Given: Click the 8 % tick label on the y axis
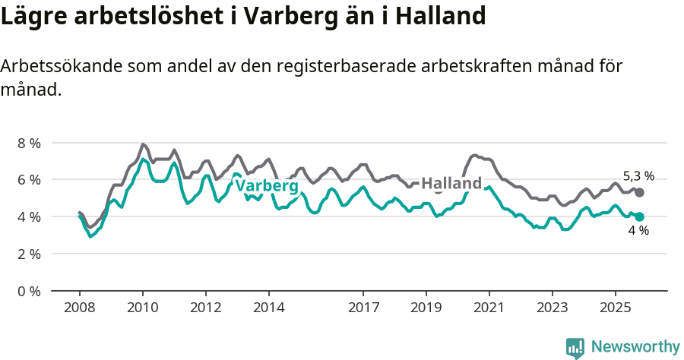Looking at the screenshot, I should pyautogui.click(x=29, y=143).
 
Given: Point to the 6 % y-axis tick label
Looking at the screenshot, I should pyautogui.click(x=29, y=180).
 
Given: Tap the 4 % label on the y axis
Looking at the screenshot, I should pyautogui.click(x=29, y=216).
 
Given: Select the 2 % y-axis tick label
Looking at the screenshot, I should pyautogui.click(x=29, y=254).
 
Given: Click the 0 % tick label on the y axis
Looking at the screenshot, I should pyautogui.click(x=29, y=291).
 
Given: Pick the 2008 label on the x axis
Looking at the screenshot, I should pyautogui.click(x=79, y=308).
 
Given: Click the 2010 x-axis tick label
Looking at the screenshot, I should pyautogui.click(x=142, y=308).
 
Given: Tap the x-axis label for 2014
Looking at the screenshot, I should pyautogui.click(x=268, y=308).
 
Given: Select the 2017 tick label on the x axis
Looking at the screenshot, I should pyautogui.click(x=363, y=308).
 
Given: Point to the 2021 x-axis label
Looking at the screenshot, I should pyautogui.click(x=489, y=308).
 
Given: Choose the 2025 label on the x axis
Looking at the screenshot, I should pyautogui.click(x=615, y=308).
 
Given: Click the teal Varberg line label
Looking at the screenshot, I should pyautogui.click(x=266, y=186).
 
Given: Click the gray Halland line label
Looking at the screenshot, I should pyautogui.click(x=451, y=183).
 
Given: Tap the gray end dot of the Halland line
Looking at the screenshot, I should pyautogui.click(x=639, y=193).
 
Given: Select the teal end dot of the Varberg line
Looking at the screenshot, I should pyautogui.click(x=639, y=216).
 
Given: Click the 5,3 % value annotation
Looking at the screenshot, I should pyautogui.click(x=638, y=175).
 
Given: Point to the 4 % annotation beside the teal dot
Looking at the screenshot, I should pyautogui.click(x=638, y=231).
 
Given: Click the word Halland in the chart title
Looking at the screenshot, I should pyautogui.click(x=440, y=15).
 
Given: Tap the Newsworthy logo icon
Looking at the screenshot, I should pyautogui.click(x=575, y=347).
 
